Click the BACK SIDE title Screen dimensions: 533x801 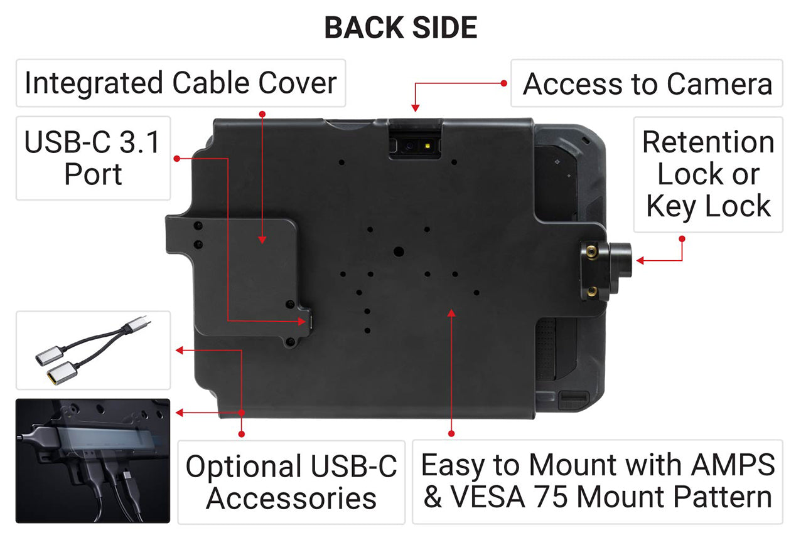pos(400,28)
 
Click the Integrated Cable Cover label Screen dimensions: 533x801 pos(180,83)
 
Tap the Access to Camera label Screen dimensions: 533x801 pos(647,83)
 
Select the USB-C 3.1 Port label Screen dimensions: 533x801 pos(93,158)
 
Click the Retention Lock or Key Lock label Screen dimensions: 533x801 pos(708,174)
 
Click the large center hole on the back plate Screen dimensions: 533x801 pos(399,251)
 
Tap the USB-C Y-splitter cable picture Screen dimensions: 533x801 pos(93,349)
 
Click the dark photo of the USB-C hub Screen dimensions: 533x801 pos(93,461)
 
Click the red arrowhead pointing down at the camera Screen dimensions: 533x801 pos(414,108)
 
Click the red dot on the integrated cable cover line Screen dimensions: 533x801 pos(262,113)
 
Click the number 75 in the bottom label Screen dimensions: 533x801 pos(555,497)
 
